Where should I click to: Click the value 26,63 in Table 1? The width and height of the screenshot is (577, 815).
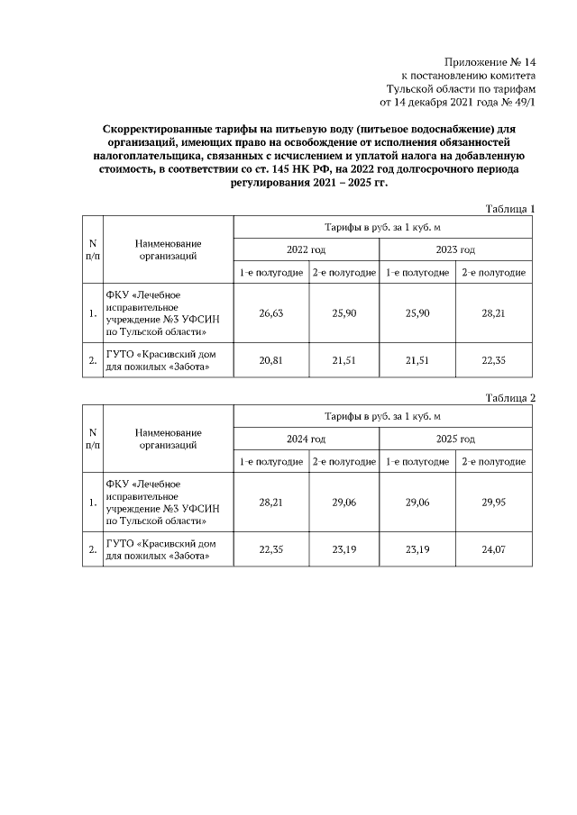coord(271,313)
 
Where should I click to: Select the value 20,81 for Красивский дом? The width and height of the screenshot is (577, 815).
coord(271,360)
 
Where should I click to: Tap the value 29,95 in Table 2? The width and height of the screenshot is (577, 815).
coord(493,503)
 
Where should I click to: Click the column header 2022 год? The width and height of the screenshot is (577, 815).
coord(307,249)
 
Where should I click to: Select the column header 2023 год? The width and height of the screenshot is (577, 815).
coord(456,249)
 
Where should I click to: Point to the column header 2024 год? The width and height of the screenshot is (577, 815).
coord(307,439)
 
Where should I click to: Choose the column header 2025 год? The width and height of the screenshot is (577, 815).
coord(456,439)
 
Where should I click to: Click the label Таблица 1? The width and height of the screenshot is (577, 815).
coord(510,209)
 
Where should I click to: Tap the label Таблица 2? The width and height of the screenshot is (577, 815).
coord(510,398)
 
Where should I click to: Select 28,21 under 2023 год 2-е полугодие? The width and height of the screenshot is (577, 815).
coord(493,313)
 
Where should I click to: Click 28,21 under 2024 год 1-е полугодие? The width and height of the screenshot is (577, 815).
coord(271,503)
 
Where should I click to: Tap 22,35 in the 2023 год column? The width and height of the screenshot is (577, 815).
coord(493,360)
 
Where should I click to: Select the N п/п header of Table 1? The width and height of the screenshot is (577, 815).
coord(93,249)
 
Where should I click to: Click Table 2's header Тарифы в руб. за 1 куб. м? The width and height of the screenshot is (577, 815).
coord(382,416)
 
